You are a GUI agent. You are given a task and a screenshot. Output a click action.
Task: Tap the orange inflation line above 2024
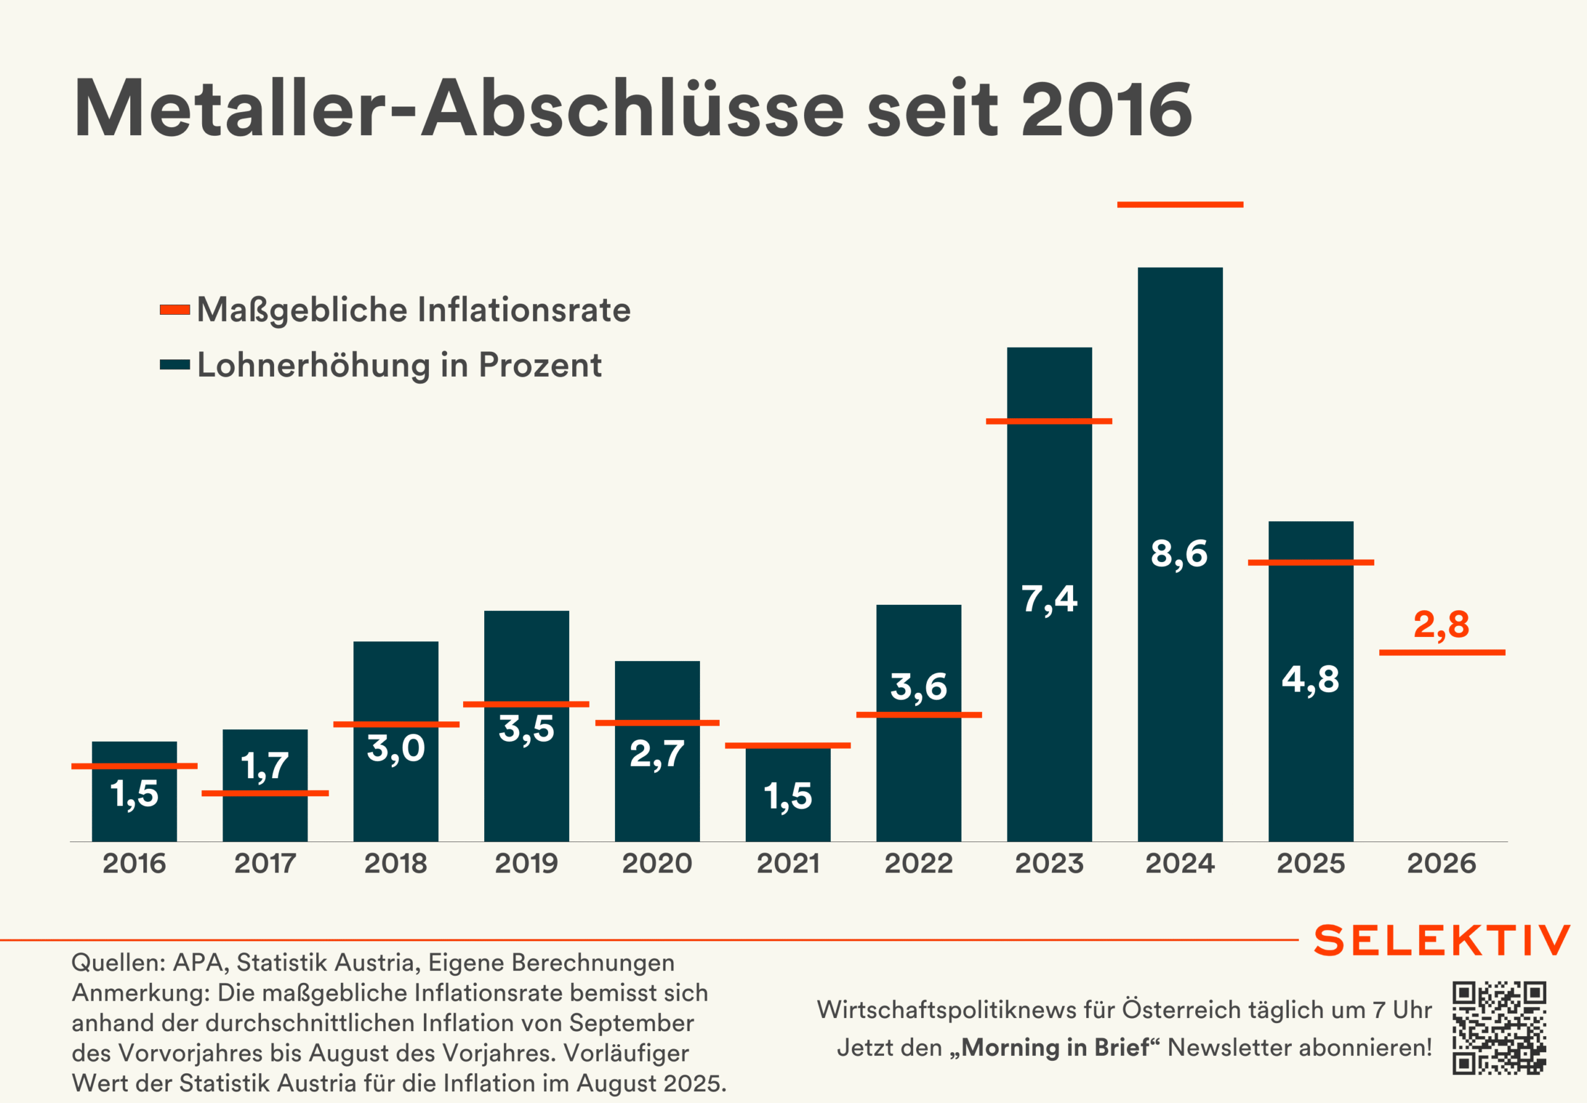click(1180, 204)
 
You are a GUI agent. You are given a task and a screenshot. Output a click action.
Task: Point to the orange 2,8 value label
click(1441, 625)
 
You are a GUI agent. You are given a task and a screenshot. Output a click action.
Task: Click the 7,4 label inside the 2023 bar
click(1050, 599)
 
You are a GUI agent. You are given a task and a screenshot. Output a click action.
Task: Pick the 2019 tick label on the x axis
click(526, 863)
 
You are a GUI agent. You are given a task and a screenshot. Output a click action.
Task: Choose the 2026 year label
click(1441, 863)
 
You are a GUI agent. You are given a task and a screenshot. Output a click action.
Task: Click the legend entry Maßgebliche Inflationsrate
click(413, 310)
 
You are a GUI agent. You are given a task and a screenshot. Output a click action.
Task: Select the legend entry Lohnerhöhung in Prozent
click(399, 365)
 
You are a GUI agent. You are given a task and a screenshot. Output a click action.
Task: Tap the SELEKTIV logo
click(1441, 941)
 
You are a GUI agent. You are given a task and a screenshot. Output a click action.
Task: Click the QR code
click(1498, 1027)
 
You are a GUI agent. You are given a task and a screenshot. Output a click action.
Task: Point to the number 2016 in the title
click(1106, 109)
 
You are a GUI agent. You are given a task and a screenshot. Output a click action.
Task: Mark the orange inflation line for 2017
click(265, 793)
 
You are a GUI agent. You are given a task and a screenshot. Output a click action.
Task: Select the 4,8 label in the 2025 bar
click(1311, 679)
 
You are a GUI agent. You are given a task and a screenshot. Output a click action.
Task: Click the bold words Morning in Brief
click(1056, 1048)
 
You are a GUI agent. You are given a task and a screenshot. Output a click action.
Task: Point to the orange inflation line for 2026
click(1442, 653)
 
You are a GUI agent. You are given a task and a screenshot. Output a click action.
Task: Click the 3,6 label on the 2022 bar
click(918, 687)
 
